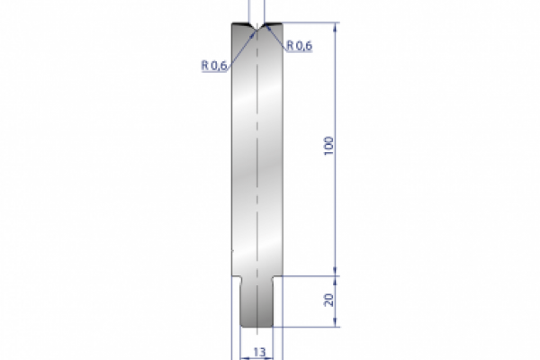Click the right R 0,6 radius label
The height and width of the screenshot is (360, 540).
point(299,47)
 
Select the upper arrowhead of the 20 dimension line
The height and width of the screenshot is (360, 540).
point(338,274)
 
